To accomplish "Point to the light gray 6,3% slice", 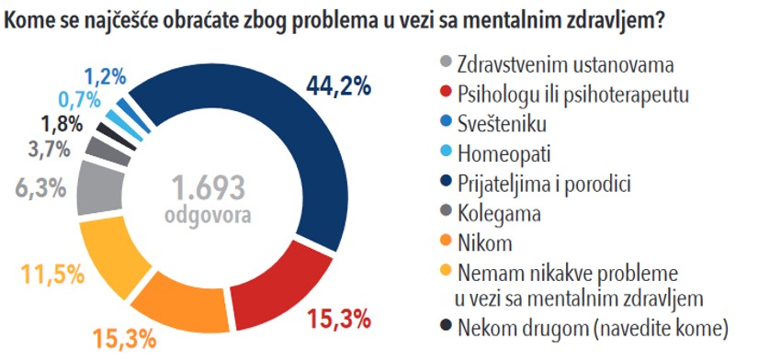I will (x=99, y=191).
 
